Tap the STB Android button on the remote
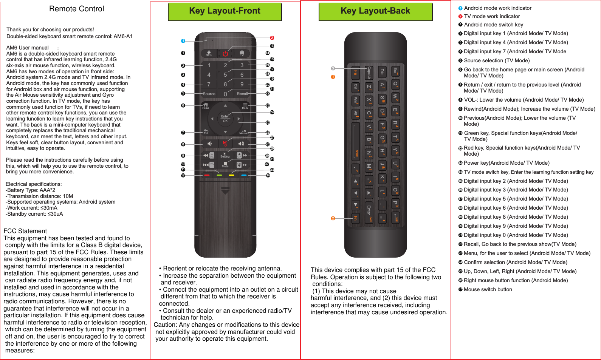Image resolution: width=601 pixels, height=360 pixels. (209, 53)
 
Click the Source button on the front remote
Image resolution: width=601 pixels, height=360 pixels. (209, 94)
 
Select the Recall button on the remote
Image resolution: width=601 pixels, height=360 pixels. (242, 94)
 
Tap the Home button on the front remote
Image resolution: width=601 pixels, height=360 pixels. (206, 105)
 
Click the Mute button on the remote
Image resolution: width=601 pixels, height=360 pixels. (225, 164)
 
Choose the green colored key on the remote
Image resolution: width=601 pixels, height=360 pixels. (219, 175)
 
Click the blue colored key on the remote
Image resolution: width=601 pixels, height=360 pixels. (244, 175)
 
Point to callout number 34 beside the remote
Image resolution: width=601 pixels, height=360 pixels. (268, 175)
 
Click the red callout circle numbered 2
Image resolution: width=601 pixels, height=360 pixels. (272, 38)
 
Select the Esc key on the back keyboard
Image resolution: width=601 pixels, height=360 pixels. (395, 71)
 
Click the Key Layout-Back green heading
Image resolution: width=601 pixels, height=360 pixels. (375, 11)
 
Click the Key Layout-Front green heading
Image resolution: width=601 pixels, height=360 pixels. (225, 11)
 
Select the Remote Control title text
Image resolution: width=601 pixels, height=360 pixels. (76, 9)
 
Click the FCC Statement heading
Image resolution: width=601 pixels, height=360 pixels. (25, 231)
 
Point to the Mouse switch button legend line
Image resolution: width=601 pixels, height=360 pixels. (488, 289)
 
